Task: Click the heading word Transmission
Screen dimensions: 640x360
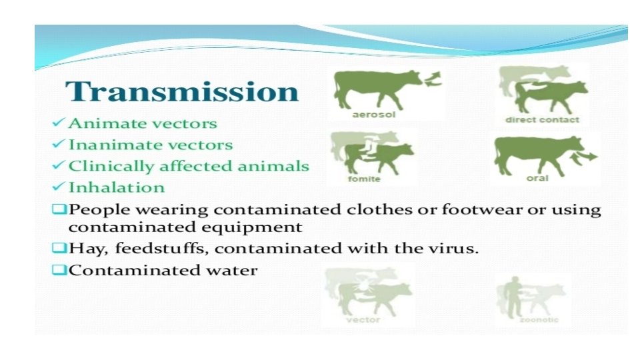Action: point(182,91)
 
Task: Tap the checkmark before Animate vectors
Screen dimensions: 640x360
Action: point(59,122)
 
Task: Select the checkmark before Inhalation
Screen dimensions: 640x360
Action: point(59,186)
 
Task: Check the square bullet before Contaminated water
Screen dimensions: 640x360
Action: point(59,270)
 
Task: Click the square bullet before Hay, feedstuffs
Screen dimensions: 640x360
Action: point(59,248)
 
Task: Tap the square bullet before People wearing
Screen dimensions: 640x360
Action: point(59,209)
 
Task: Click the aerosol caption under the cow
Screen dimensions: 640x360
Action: point(374,115)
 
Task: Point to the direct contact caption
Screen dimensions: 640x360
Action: point(542,120)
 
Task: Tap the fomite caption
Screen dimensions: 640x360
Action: point(364,179)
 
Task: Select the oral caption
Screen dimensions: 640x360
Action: point(537,179)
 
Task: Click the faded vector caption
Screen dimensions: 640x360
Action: point(363,320)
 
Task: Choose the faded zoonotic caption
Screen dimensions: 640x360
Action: point(539,319)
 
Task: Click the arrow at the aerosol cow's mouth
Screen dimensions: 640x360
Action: point(433,79)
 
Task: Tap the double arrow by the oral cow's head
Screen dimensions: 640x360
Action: point(583,158)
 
